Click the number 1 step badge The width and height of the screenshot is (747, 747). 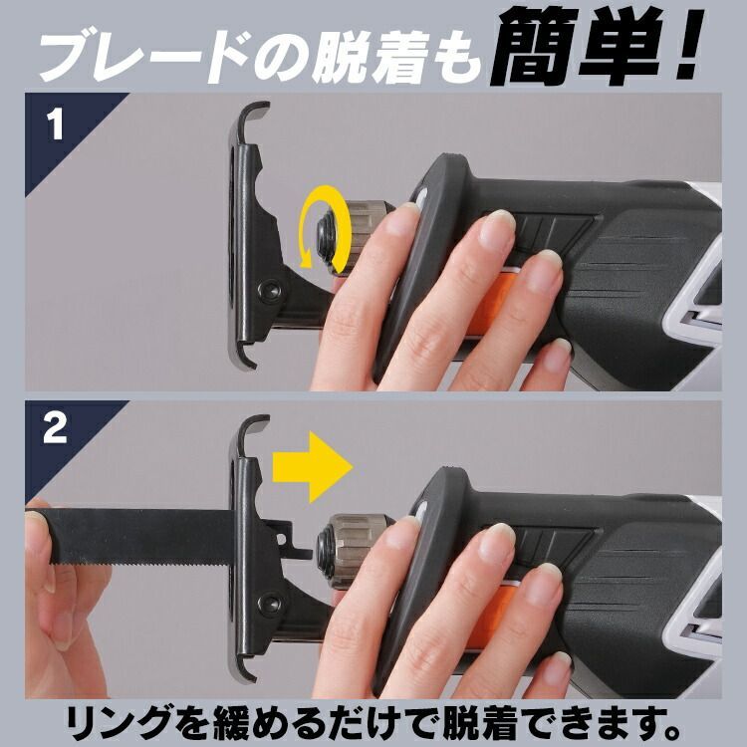pyautogui.click(x=56, y=124)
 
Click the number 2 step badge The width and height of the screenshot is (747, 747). pyautogui.click(x=55, y=427)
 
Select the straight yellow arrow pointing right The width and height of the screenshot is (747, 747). pyautogui.click(x=312, y=467)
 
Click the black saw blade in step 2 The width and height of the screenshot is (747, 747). pyautogui.click(x=142, y=536)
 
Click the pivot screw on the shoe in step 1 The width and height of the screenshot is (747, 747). pyautogui.click(x=270, y=290)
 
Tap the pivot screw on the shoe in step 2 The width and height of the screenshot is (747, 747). pyautogui.click(x=270, y=604)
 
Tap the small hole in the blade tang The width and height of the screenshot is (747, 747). pyautogui.click(x=282, y=539)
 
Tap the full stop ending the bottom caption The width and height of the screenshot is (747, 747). pyautogui.click(x=670, y=730)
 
